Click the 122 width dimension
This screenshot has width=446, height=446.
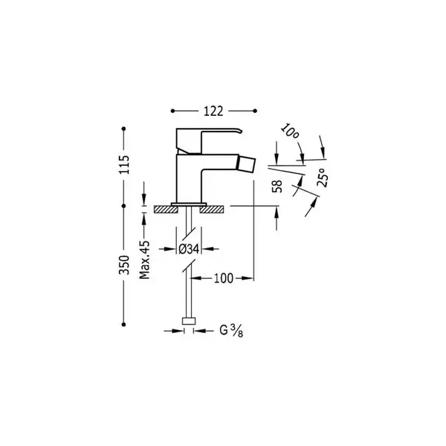coord(213,111)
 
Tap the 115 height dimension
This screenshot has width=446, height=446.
coord(124,165)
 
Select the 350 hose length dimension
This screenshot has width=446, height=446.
coord(124,265)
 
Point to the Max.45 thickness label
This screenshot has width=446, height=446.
coord(144,259)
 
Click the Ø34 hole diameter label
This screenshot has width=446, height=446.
coord(189,249)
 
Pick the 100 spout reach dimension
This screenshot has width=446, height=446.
coord(224,278)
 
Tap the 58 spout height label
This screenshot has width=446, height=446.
coord(277,187)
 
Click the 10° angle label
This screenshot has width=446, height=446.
coord(290,132)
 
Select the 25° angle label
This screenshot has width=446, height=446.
coord(323,177)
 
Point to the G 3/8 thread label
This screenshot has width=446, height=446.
coord(231,331)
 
